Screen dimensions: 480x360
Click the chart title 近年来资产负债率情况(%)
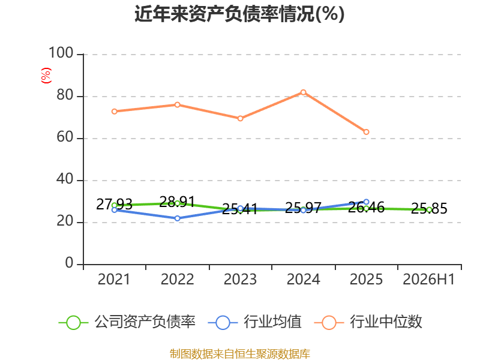[239, 14]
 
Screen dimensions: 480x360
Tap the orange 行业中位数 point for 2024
[303, 92]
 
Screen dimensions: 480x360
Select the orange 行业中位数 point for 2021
[114, 112]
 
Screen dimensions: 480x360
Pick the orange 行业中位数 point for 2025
[366, 132]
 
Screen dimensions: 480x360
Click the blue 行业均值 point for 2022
[177, 218]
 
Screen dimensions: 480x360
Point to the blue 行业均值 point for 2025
[366, 202]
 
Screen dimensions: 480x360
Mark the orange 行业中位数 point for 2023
[241, 118]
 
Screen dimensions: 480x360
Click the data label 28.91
[177, 202]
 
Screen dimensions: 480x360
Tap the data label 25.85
[429, 208]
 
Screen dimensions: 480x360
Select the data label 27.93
[114, 204]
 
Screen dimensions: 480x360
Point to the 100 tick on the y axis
[61, 53]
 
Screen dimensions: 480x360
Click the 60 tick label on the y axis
[65, 137]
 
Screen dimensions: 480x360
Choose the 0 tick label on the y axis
[69, 263]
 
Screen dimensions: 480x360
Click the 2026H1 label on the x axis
[429, 279]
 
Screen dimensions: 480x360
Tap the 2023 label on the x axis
[241, 279]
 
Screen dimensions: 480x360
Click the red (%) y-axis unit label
[46, 76]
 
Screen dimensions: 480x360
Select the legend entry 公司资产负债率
[127, 322]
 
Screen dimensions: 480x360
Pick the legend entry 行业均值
[254, 322]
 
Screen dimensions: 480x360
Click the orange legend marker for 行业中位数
[329, 323]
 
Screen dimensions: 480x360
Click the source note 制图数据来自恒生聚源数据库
[240, 354]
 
